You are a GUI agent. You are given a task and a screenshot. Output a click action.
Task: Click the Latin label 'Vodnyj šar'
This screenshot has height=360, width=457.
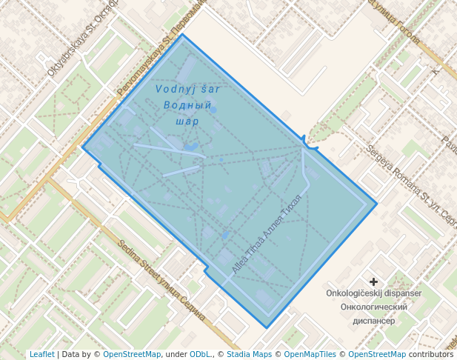188,89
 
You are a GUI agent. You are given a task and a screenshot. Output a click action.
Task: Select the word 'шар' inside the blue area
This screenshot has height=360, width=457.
188,121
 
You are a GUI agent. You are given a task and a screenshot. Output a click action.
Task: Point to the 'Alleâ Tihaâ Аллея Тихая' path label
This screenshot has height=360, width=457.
267,234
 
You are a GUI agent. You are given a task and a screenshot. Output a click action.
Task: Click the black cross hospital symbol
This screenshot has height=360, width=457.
374,281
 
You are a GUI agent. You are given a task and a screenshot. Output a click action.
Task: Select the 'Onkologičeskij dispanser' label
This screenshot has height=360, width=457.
374,293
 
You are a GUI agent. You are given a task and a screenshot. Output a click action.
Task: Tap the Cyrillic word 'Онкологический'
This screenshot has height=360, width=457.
374,307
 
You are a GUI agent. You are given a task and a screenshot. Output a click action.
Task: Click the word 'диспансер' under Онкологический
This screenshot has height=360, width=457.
374,321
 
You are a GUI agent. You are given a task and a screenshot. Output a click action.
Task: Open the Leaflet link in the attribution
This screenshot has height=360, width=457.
41,354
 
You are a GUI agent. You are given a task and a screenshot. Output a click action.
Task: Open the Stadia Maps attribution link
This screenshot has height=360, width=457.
249,354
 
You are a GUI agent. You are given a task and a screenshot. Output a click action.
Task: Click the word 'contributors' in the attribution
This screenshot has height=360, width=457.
431,354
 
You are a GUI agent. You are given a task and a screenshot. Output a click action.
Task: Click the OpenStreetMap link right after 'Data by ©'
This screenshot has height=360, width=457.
132,354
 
